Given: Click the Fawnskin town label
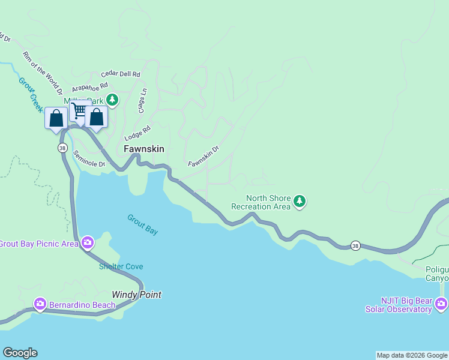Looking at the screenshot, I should [x=143, y=149].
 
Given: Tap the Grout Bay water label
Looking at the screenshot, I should [x=142, y=224].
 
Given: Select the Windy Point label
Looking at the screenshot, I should [x=137, y=295].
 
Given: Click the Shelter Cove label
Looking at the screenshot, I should [x=121, y=266].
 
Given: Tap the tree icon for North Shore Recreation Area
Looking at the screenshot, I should [x=300, y=202].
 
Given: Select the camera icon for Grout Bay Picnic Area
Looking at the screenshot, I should [x=88, y=242].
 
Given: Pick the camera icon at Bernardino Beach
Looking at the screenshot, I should [x=40, y=304].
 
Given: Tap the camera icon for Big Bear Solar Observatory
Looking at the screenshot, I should [x=442, y=304].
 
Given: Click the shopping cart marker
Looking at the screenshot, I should [x=78, y=110].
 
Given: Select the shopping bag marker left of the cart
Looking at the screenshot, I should [x=56, y=118].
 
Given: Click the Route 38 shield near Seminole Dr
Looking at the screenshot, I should [x=62, y=148].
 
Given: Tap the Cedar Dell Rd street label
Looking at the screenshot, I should [x=121, y=74].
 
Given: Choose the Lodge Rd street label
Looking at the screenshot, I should [x=137, y=132].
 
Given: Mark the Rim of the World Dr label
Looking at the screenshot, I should [x=42, y=73].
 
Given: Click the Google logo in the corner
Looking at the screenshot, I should [x=20, y=353].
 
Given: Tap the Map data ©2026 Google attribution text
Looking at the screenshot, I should [x=412, y=355].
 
